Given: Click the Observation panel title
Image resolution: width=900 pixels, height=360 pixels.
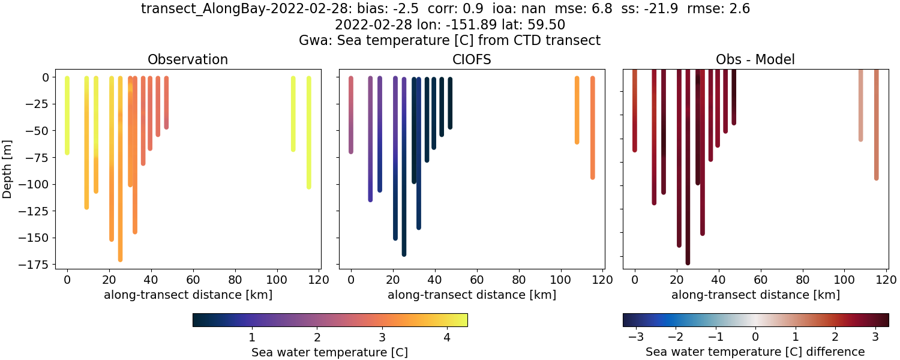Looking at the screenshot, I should (x=187, y=59).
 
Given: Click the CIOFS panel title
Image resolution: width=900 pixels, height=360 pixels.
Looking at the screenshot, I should (x=472, y=59).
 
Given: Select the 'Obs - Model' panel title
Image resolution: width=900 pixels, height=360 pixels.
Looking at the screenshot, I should (x=755, y=59).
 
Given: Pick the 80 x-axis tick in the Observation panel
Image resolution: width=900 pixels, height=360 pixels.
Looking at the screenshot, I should (x=235, y=280).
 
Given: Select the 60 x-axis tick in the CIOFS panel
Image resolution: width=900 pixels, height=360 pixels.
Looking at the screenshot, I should (x=476, y=280).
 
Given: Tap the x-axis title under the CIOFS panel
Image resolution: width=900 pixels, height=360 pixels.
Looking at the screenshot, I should (x=472, y=295).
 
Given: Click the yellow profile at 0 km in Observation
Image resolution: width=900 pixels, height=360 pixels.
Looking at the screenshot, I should (x=67, y=114).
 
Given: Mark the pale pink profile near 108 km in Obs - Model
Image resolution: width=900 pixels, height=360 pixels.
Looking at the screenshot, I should (x=860, y=105).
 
